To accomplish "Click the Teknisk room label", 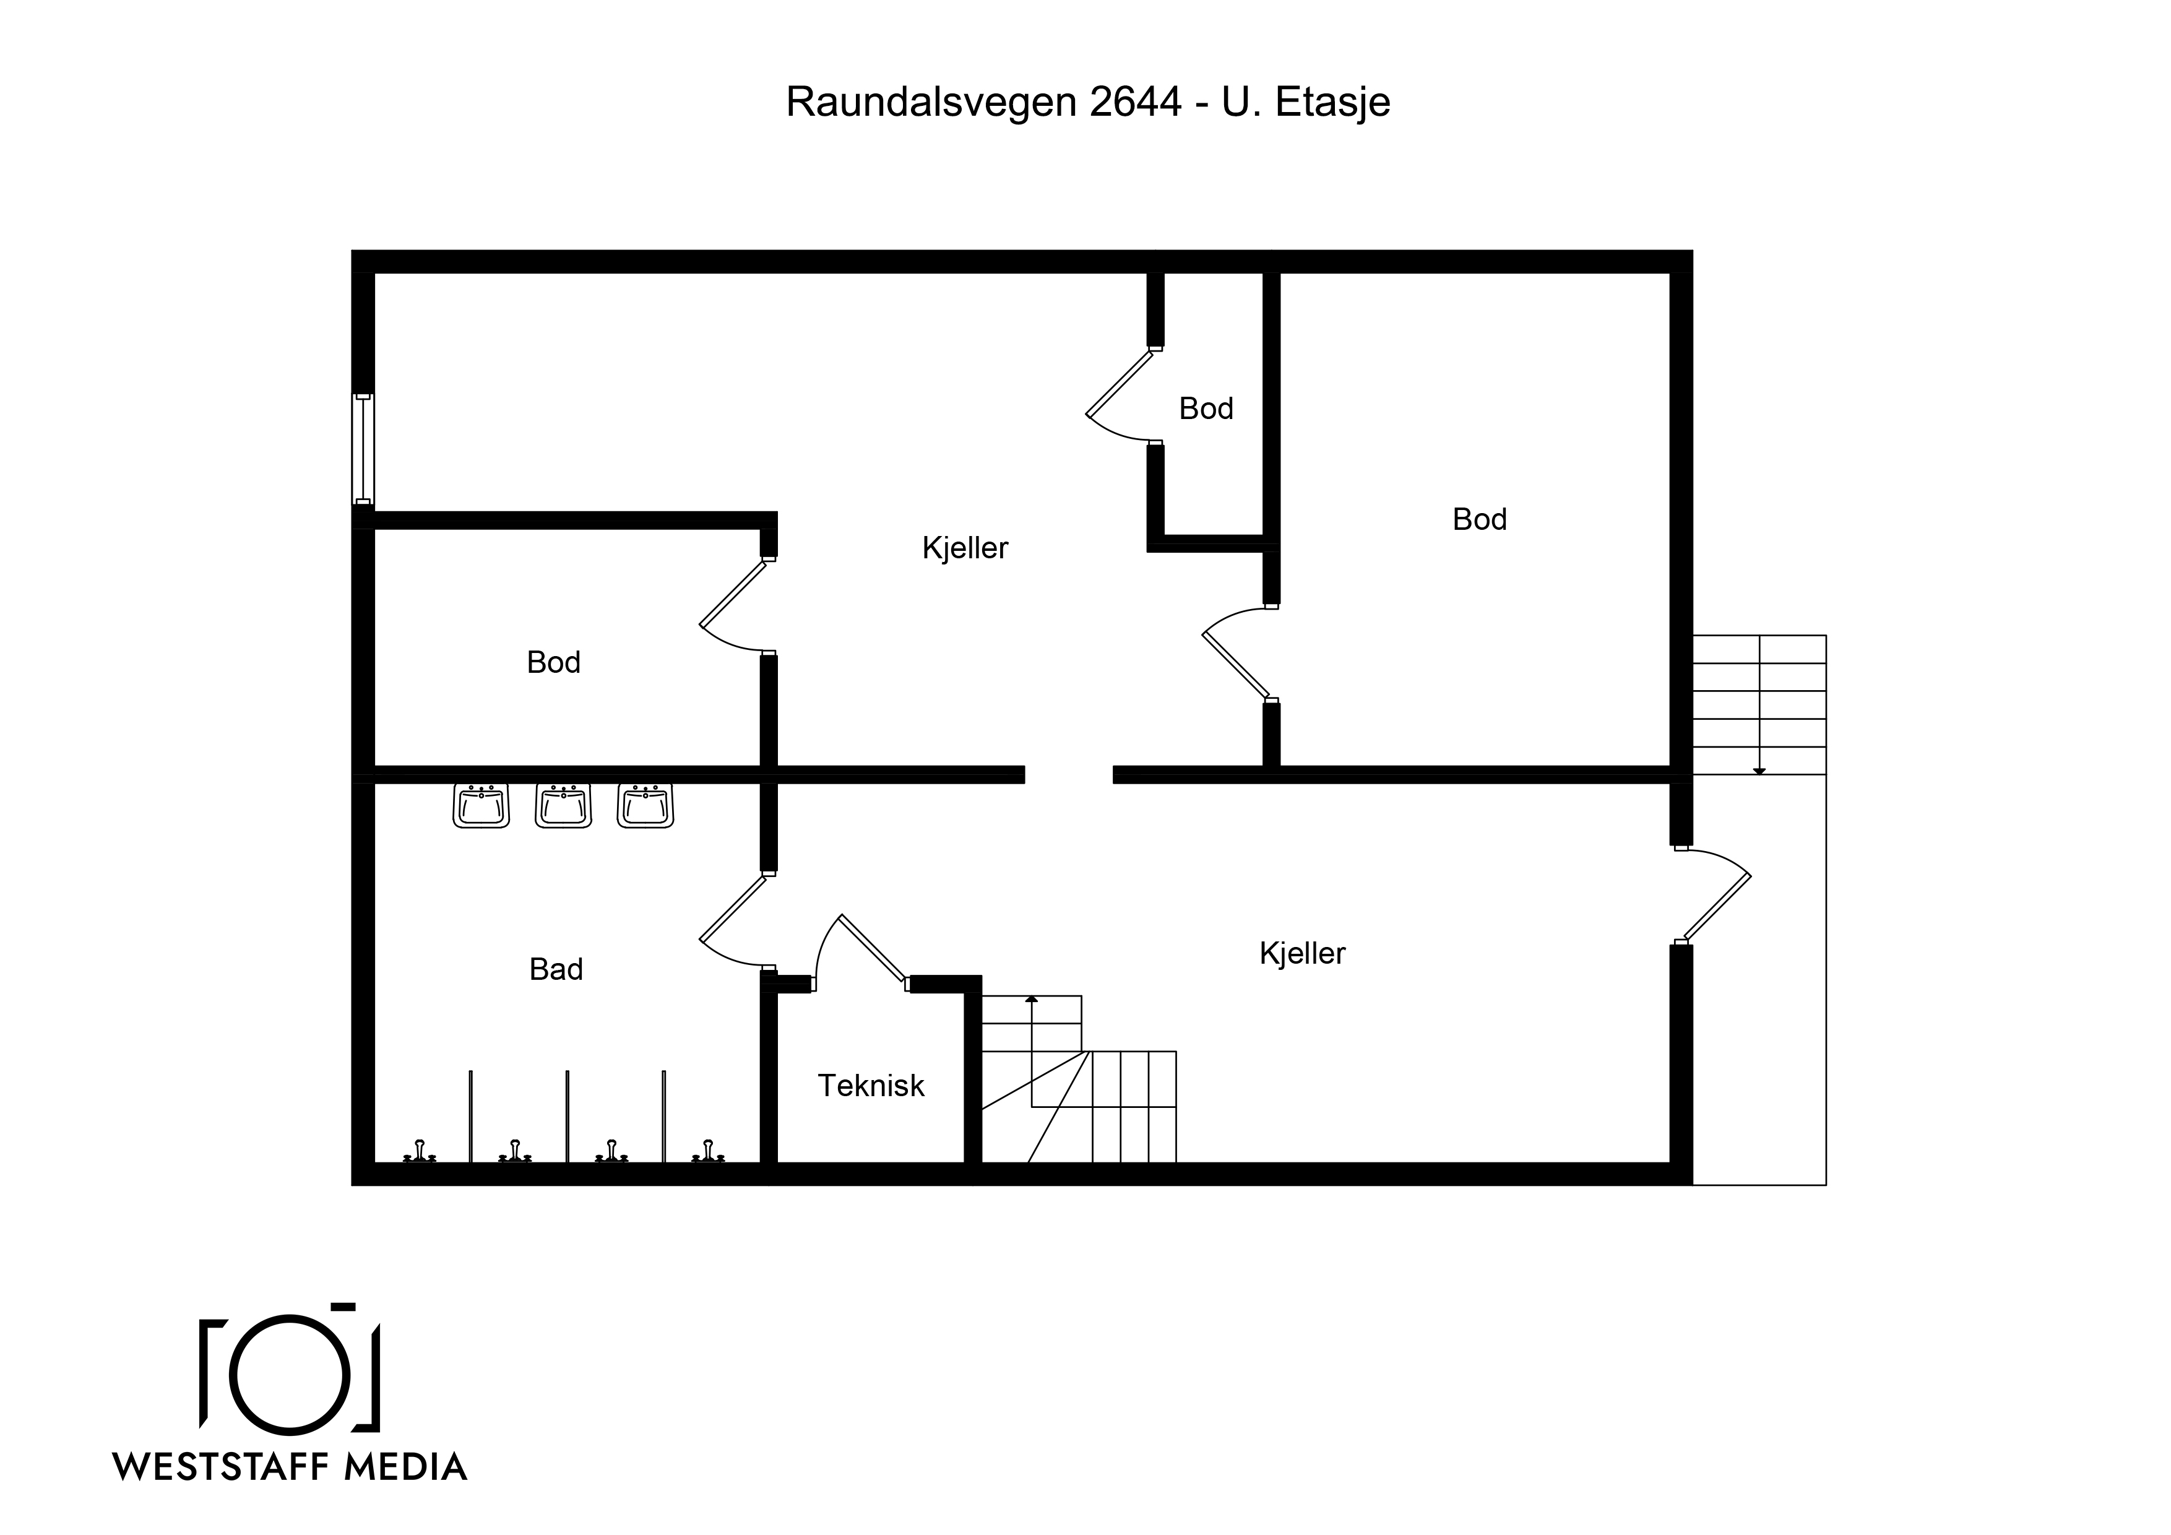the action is [871, 1085].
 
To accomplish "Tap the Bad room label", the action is [556, 969].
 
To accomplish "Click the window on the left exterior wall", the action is [363, 449].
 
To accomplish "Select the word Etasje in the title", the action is [1333, 102].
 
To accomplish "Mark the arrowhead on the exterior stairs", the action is [1759, 772].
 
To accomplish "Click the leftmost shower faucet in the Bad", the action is [420, 1151].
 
